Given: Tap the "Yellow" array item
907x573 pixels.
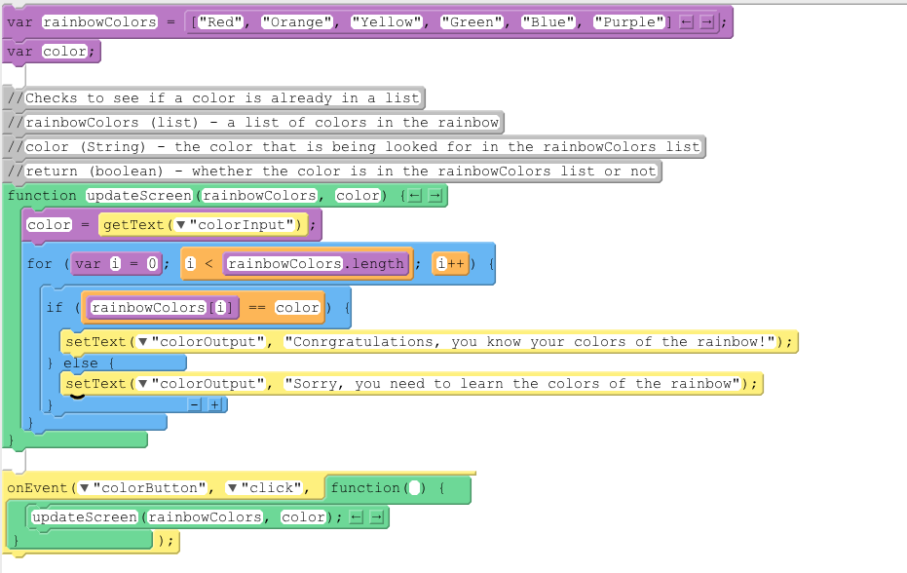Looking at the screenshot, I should (387, 21).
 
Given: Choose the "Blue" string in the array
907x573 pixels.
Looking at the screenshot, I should (552, 21).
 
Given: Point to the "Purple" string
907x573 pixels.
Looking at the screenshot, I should (629, 21).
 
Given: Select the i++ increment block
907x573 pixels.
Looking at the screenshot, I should (450, 264).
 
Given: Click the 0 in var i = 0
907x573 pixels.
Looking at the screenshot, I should (153, 264).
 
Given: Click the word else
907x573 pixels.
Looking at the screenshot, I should (81, 363).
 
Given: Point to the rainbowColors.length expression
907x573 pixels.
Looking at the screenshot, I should (315, 264).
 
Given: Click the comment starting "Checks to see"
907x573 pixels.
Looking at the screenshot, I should (223, 97).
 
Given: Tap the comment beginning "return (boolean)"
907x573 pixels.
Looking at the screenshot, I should (340, 172).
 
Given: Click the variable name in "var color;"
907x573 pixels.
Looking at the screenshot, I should (64, 52).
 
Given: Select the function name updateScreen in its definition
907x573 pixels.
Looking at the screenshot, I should (139, 196).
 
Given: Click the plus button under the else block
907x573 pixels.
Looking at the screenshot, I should (214, 404).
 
